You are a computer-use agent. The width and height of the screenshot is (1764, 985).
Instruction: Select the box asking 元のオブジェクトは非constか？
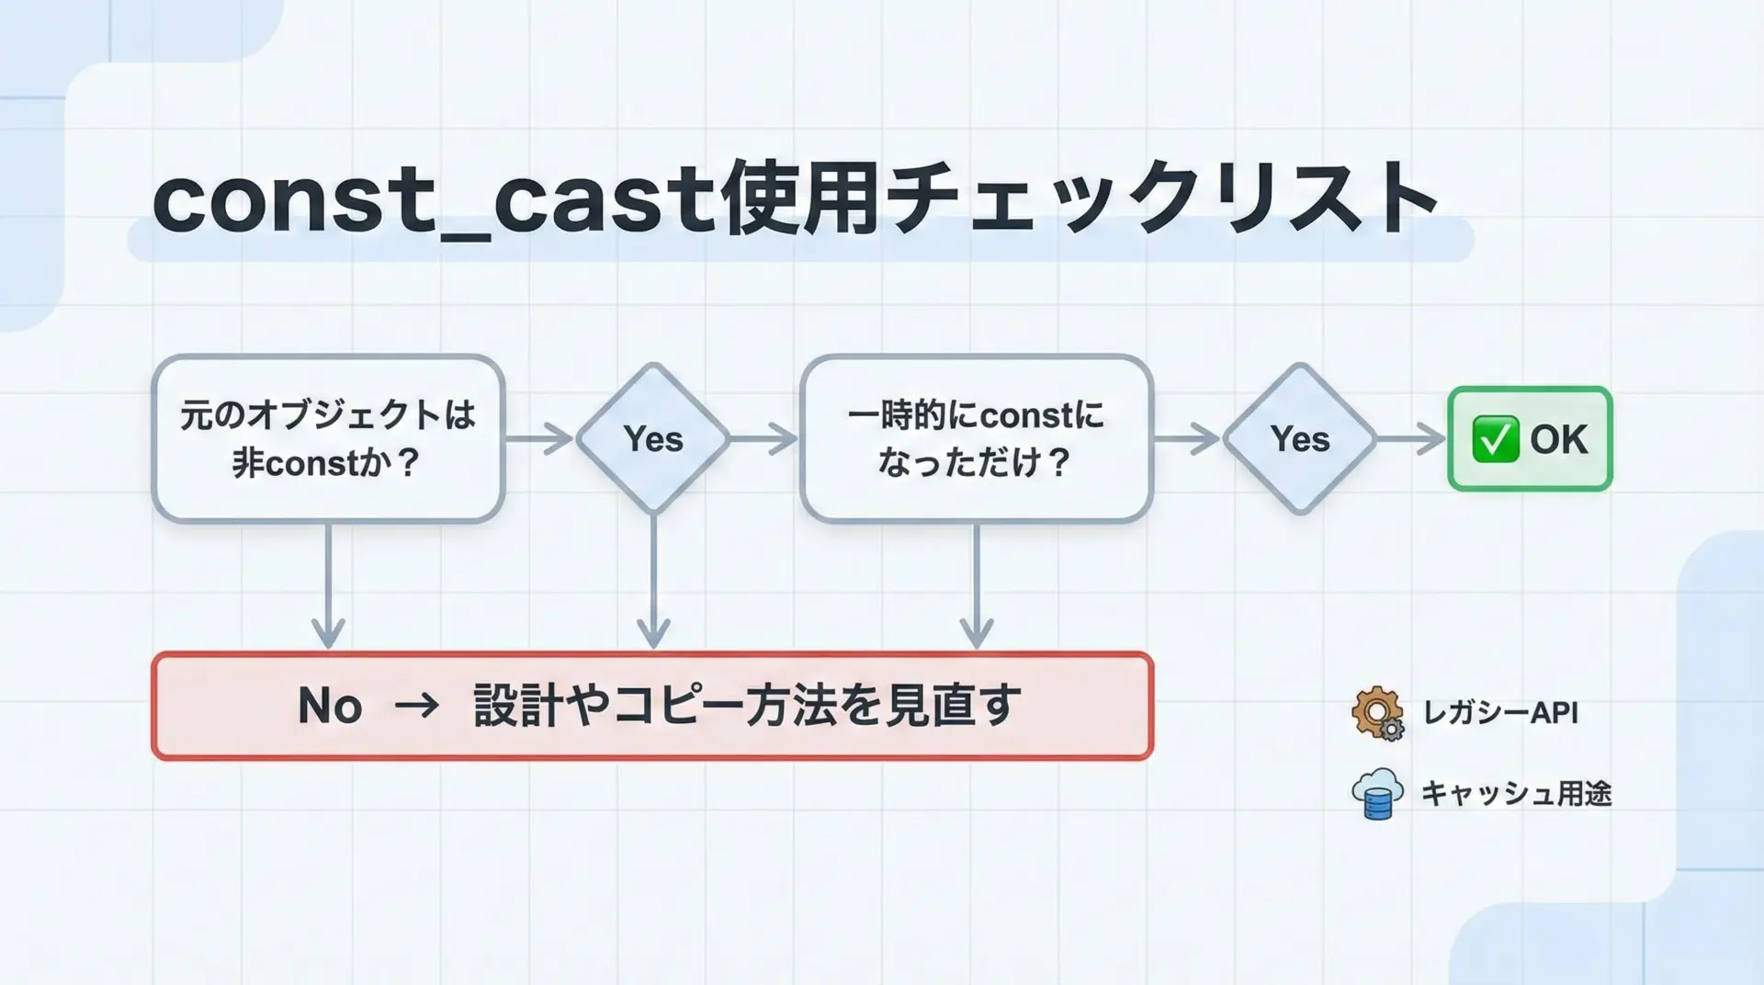click(x=328, y=438)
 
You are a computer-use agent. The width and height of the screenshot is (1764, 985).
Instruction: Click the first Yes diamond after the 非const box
click(x=653, y=439)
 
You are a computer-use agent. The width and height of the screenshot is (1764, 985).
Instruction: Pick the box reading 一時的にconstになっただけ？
click(x=976, y=438)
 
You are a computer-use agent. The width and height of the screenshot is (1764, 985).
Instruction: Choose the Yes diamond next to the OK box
click(x=1299, y=439)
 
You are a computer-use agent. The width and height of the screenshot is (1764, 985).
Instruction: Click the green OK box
click(x=1530, y=439)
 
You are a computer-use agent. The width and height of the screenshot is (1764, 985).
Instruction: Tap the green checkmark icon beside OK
click(x=1495, y=439)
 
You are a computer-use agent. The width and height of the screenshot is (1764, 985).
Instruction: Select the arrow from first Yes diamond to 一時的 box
click(x=764, y=438)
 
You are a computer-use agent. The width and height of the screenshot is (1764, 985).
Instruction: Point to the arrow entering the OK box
click(x=1411, y=438)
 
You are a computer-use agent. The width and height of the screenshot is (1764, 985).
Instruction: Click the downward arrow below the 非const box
click(x=328, y=588)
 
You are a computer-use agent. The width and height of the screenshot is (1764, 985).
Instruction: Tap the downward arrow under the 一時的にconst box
click(x=976, y=588)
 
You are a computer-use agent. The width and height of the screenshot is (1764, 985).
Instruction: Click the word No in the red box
click(x=330, y=706)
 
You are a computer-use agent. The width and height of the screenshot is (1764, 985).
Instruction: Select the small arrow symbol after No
click(x=417, y=706)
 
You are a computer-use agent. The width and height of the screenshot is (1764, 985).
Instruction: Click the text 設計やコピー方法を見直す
click(x=746, y=706)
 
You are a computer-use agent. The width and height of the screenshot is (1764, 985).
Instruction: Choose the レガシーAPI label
click(x=1500, y=712)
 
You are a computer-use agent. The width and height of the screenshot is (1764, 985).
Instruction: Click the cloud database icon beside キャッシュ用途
click(x=1377, y=794)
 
